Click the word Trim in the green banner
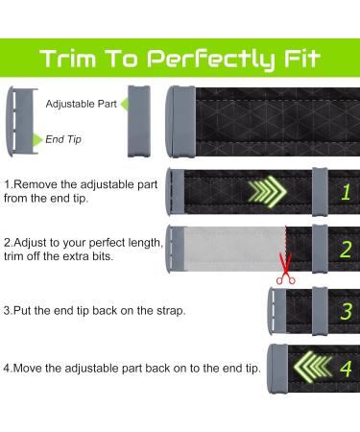point(68,59)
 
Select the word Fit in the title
point(302,59)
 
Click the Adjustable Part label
point(82,104)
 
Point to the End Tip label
point(63,139)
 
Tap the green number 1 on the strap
point(346,192)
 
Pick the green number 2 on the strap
point(346,250)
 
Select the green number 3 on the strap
point(346,311)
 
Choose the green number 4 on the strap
point(346,369)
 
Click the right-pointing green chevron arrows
point(267,191)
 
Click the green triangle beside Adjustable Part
point(124,104)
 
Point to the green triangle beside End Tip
point(37,140)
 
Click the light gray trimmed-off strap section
point(234,249)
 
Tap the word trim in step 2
point(12,256)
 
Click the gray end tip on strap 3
point(276,311)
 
